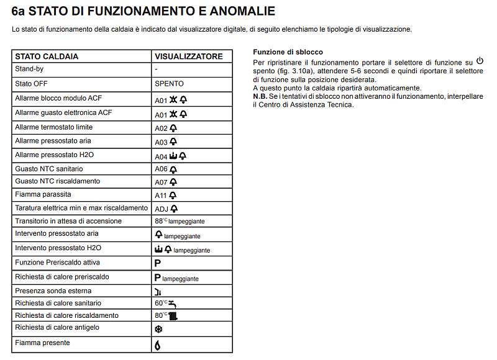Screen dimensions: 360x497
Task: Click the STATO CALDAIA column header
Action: pyautogui.click(x=47, y=56)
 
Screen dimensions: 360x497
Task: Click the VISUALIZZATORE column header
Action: pyautogui.click(x=188, y=56)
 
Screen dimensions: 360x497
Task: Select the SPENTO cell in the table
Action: pyautogui.click(x=169, y=84)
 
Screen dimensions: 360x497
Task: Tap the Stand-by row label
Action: pyautogui.click(x=29, y=70)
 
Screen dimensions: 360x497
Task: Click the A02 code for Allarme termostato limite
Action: pyautogui.click(x=161, y=128)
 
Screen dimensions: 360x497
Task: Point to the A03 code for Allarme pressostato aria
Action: pyautogui.click(x=161, y=143)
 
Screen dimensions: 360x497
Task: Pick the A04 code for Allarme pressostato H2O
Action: pyautogui.click(x=161, y=157)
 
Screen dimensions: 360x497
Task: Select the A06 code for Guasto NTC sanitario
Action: pyautogui.click(x=161, y=169)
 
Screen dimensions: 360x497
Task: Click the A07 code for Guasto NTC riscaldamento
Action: pyautogui.click(x=161, y=182)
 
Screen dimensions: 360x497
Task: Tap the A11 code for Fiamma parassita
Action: pyautogui.click(x=161, y=196)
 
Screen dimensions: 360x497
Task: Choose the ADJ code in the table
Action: pyautogui.click(x=161, y=209)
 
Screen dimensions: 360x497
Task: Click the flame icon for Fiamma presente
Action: pyautogui.click(x=158, y=345)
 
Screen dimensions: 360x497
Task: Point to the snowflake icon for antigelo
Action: pyautogui.click(x=158, y=330)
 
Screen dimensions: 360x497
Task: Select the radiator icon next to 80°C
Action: pyautogui.click(x=173, y=316)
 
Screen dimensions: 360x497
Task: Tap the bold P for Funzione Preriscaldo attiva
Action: pyautogui.click(x=158, y=263)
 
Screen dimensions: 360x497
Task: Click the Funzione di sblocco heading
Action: pyautogui.click(x=288, y=52)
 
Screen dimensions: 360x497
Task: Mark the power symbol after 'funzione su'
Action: pyautogui.click(x=479, y=61)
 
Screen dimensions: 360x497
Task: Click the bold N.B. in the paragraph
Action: pyautogui.click(x=260, y=96)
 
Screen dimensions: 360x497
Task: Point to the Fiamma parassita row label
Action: pyautogui.click(x=43, y=195)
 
